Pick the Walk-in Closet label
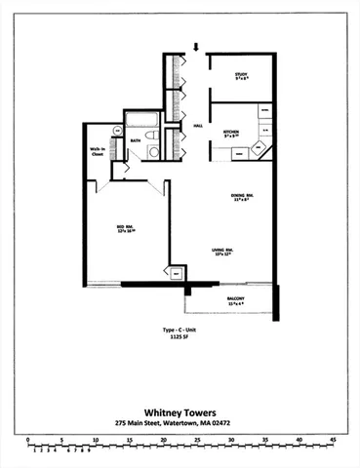click(98, 152)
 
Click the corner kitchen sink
click(259, 149)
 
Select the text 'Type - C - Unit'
click(180, 331)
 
